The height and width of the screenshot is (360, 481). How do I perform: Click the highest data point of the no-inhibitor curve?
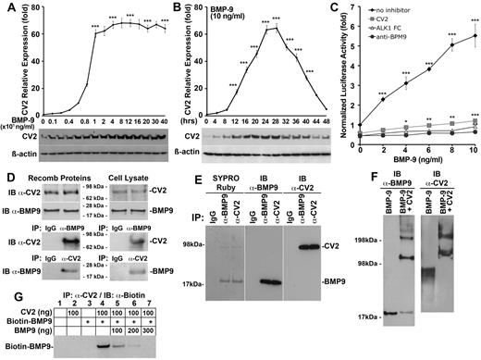point(472,36)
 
